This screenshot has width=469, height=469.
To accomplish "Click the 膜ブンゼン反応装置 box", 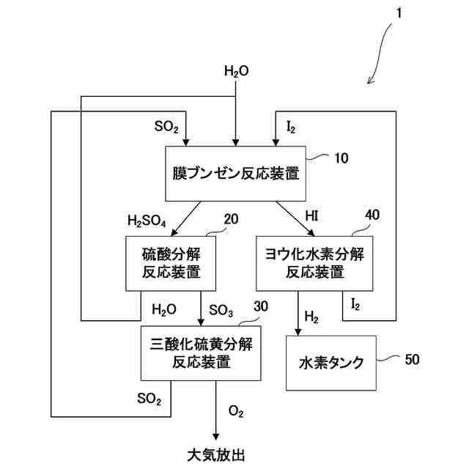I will pyautogui.click(x=235, y=174).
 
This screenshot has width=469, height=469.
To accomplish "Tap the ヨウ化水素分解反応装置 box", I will pyautogui.click(x=314, y=263).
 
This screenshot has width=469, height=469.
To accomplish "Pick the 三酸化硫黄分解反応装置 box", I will pyautogui.click(x=201, y=353).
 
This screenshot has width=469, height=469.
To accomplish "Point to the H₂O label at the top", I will pyautogui.click(x=236, y=71).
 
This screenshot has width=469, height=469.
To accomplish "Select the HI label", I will pyautogui.click(x=312, y=215).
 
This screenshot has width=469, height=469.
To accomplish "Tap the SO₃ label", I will pyautogui.click(x=221, y=310).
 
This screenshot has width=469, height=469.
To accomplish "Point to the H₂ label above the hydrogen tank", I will pyautogui.click(x=311, y=317).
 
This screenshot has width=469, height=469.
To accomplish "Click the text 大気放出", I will pyautogui.click(x=215, y=454).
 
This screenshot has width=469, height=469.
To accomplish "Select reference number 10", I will pyautogui.click(x=341, y=156).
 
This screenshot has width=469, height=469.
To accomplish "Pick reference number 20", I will pyautogui.click(x=231, y=219).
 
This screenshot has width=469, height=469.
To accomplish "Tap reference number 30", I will pyautogui.click(x=260, y=306).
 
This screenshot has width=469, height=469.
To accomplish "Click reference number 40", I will pyautogui.click(x=372, y=215).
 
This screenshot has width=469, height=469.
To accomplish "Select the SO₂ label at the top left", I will pyautogui.click(x=166, y=127).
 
